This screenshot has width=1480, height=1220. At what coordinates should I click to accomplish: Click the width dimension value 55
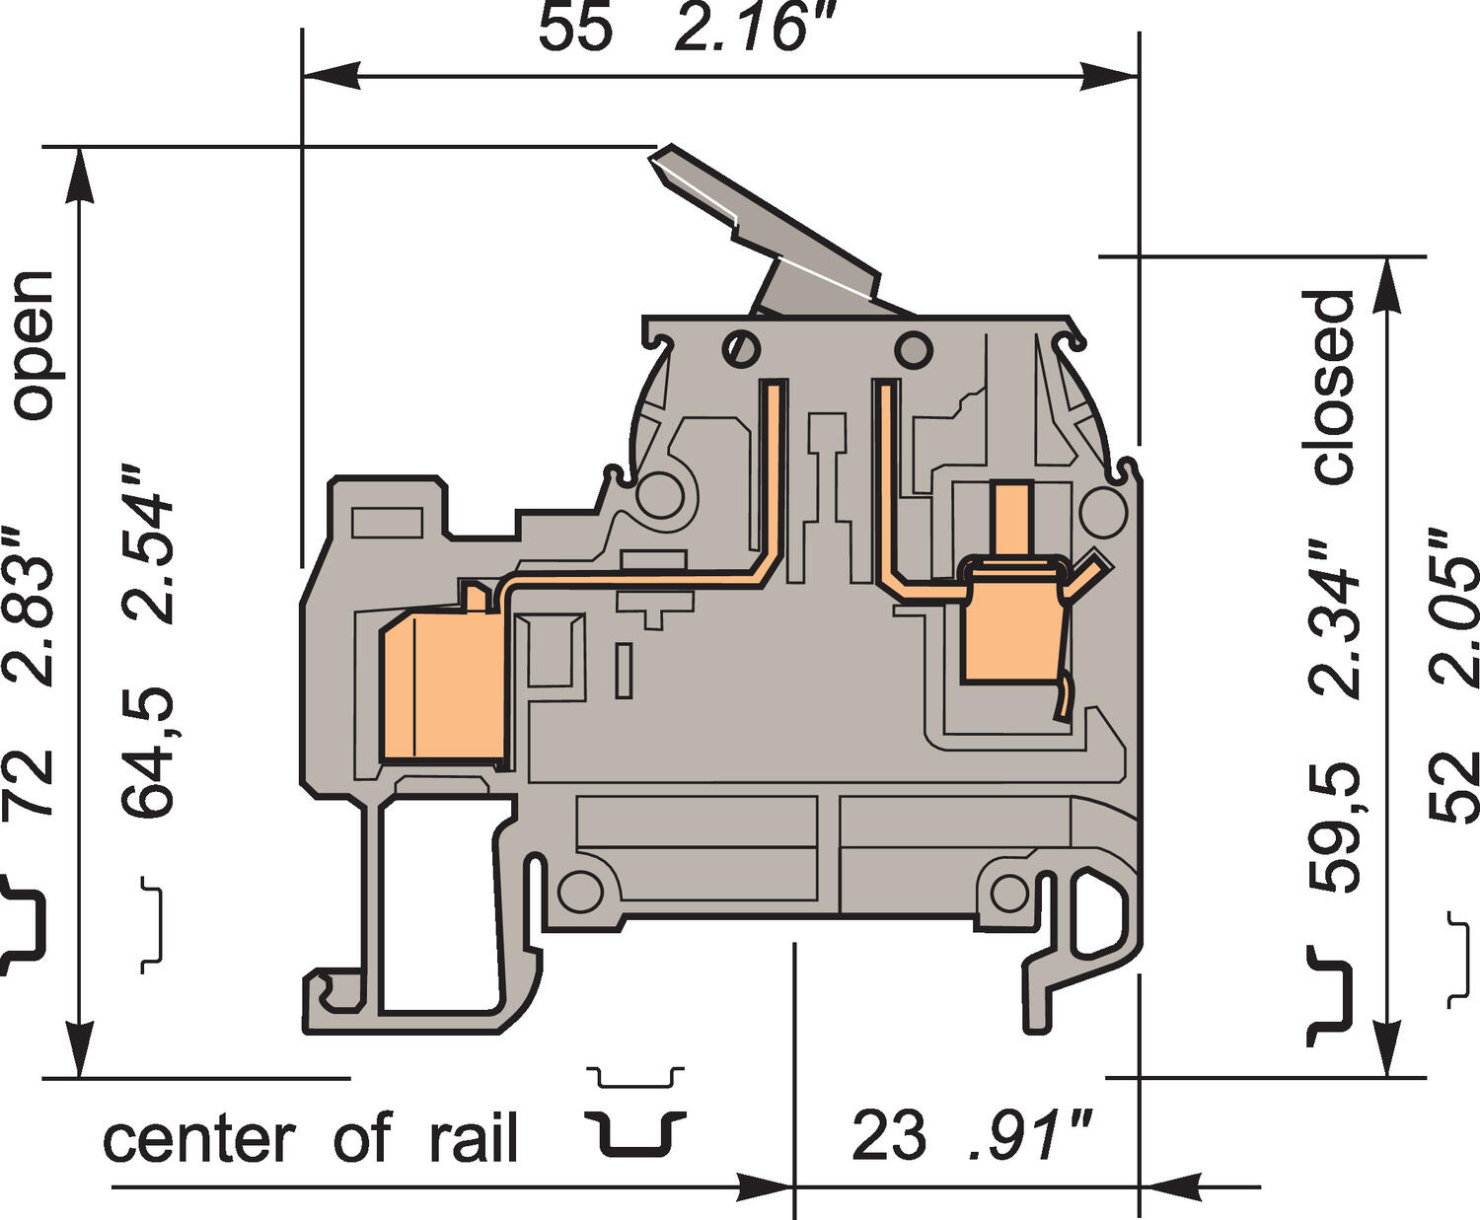[x=574, y=28]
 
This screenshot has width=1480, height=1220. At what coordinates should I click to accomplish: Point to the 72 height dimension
[x=30, y=783]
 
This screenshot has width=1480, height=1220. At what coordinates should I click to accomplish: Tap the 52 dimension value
[x=1455, y=786]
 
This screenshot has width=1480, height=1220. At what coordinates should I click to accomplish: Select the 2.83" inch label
[x=30, y=606]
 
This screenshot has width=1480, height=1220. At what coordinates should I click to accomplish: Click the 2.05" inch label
[x=1455, y=607]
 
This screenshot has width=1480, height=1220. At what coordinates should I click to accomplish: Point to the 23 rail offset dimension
[x=888, y=1136]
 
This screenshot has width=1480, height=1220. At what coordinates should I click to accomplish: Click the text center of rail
[x=310, y=1140]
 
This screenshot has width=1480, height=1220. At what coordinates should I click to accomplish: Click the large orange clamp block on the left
[x=443, y=686]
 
